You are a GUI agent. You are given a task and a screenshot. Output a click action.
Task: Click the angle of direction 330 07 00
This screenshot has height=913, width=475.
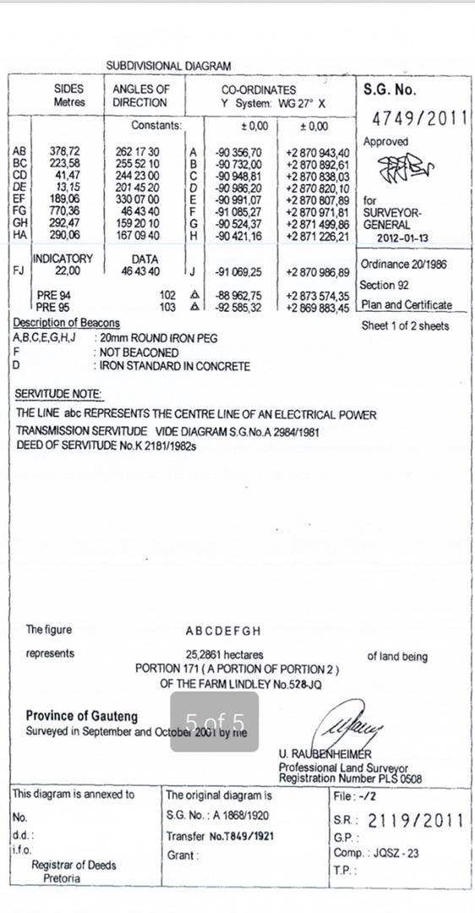pos(137,199)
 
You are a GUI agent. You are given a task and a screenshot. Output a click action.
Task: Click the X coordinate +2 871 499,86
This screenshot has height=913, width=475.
pos(317,223)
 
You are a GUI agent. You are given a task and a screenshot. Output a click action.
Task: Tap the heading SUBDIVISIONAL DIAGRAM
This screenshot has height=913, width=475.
pos(168,65)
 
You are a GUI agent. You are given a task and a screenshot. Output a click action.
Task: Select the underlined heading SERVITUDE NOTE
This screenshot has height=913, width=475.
pos(58,394)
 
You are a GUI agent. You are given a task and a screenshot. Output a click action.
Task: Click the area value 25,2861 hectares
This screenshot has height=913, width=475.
pos(224,654)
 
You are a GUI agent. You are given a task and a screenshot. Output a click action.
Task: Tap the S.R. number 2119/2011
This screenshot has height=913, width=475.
pos(417,820)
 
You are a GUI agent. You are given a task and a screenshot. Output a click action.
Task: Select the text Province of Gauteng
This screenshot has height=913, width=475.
pos(81,715)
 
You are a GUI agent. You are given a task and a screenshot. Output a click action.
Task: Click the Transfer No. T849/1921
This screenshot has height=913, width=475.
pos(220,836)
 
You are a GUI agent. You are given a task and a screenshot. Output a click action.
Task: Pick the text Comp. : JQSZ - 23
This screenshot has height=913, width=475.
pos(375,853)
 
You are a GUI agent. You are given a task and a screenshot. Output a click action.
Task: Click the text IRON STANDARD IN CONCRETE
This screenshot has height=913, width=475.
pos(175,366)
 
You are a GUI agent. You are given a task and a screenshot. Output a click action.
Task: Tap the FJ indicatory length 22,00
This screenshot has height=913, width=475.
pos(68,271)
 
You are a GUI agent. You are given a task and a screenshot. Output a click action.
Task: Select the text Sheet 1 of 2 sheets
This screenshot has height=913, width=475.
pos(405,325)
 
